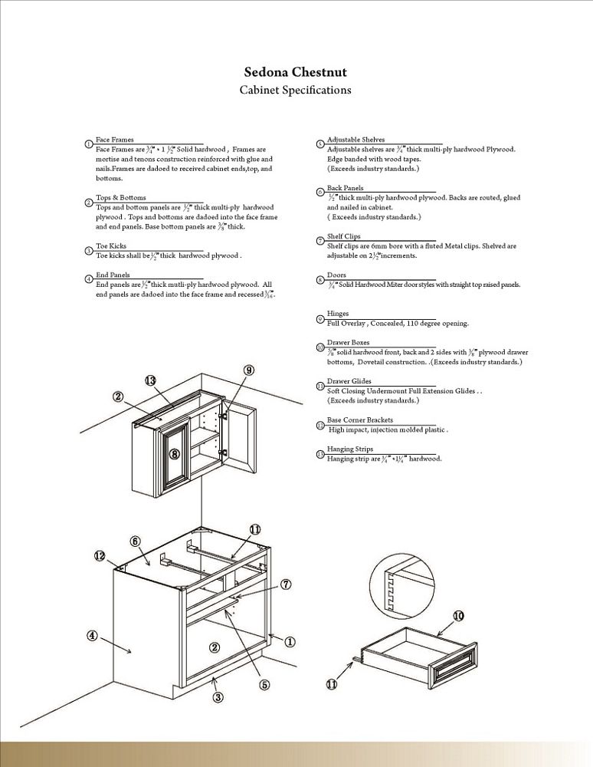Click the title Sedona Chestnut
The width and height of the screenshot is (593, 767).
(296, 72)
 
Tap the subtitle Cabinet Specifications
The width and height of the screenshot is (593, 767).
(296, 90)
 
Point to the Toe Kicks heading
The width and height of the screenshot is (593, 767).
(112, 246)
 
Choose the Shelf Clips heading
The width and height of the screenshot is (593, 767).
(343, 236)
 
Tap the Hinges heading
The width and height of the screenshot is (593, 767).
(338, 314)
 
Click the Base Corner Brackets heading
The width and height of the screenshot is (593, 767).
(359, 420)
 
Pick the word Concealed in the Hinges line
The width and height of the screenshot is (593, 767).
(388, 324)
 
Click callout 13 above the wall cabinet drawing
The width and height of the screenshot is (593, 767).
(150, 380)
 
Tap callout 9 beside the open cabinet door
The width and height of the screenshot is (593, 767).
(249, 370)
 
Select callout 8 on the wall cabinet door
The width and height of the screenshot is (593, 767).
(174, 454)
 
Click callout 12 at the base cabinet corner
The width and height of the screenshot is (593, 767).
(100, 555)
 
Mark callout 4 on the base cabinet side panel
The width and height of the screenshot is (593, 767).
(91, 635)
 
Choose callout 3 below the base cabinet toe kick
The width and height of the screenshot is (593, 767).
(218, 697)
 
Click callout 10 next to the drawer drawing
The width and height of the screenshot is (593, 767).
(458, 615)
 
